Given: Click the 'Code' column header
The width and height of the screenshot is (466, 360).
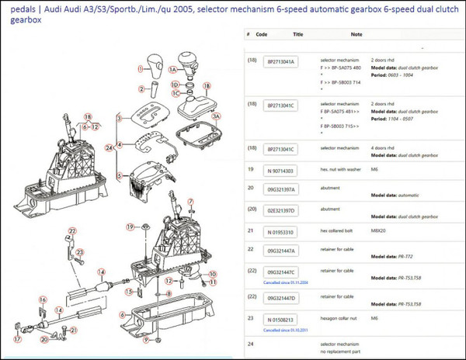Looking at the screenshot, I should pos(262,34).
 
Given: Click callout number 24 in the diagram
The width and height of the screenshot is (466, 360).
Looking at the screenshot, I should pos(110,147).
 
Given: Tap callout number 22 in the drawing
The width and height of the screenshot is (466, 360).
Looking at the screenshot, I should pos(71,231).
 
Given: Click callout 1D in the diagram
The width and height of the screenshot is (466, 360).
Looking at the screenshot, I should pos(176,83).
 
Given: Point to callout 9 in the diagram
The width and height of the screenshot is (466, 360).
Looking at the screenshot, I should pos(158,282).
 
